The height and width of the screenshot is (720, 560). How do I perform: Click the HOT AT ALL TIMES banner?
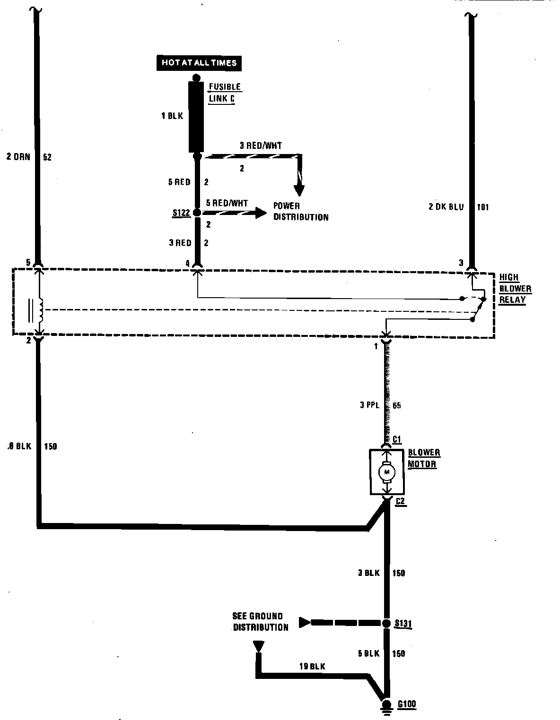[x=199, y=62]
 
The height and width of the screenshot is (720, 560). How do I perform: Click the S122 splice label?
[x=181, y=213]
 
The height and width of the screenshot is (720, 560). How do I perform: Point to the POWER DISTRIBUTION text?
[x=300, y=212]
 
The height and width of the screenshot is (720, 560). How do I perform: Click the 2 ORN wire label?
[x=18, y=157]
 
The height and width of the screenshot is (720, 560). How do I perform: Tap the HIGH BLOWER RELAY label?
[x=515, y=289]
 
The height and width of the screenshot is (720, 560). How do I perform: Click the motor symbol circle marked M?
[x=387, y=471]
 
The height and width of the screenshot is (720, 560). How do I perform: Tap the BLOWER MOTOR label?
[x=424, y=458]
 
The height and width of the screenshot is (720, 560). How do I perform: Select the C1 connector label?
[x=397, y=440]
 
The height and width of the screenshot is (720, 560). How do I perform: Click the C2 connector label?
[x=400, y=501]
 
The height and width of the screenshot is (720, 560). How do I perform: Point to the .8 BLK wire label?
[x=19, y=446]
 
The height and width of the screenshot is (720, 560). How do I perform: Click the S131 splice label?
[x=403, y=624]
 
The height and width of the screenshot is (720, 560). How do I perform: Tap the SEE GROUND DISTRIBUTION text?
[x=260, y=622]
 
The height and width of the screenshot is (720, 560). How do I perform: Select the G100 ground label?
[x=406, y=704]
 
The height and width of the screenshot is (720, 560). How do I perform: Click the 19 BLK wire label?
[x=312, y=667]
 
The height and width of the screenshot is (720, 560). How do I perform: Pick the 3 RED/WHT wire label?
[x=260, y=146]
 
